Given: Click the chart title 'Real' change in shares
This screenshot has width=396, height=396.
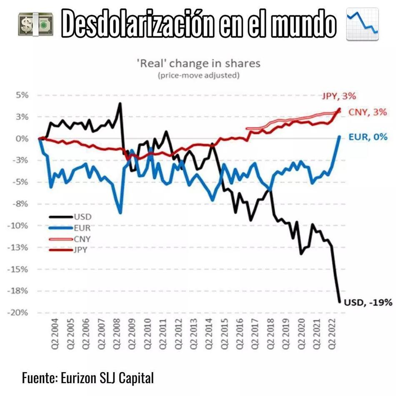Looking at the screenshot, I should (198, 63).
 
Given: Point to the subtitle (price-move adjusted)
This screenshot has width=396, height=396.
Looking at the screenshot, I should (198, 76).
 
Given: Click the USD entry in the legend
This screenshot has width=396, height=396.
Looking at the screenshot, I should (82, 217).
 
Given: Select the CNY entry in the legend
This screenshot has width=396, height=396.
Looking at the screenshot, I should (82, 239).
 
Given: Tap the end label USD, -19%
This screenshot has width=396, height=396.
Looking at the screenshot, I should (368, 302).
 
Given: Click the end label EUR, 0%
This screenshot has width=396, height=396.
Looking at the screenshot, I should (368, 136).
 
